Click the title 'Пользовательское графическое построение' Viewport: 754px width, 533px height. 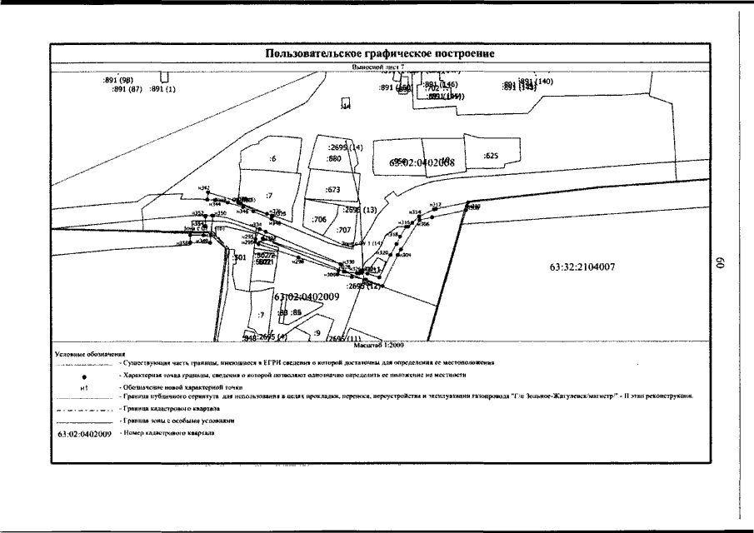pos(379,53)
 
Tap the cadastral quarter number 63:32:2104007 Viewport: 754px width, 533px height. pos(582,268)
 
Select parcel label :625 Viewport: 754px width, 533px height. pos(491,156)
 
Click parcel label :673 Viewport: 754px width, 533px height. pos(333,190)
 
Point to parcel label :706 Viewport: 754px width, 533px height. pos(319,219)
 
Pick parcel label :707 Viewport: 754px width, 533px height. pos(343,229)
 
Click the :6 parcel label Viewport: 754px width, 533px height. pos(273,158)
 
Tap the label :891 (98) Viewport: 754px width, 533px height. pos(118,80)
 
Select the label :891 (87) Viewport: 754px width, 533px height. pos(127,88)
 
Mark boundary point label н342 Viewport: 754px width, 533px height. pos(205,188)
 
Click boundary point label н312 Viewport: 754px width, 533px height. pos(435,204)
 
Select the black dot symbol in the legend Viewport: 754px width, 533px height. pos(85,376)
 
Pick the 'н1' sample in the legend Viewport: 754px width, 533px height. pos(84,387)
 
